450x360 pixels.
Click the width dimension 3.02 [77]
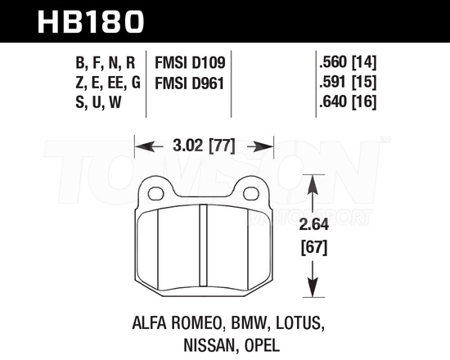pos(204,148)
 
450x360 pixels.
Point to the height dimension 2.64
pos(314,225)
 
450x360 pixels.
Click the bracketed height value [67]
pos(314,246)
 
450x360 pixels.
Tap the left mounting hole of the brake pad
pos(155,194)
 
